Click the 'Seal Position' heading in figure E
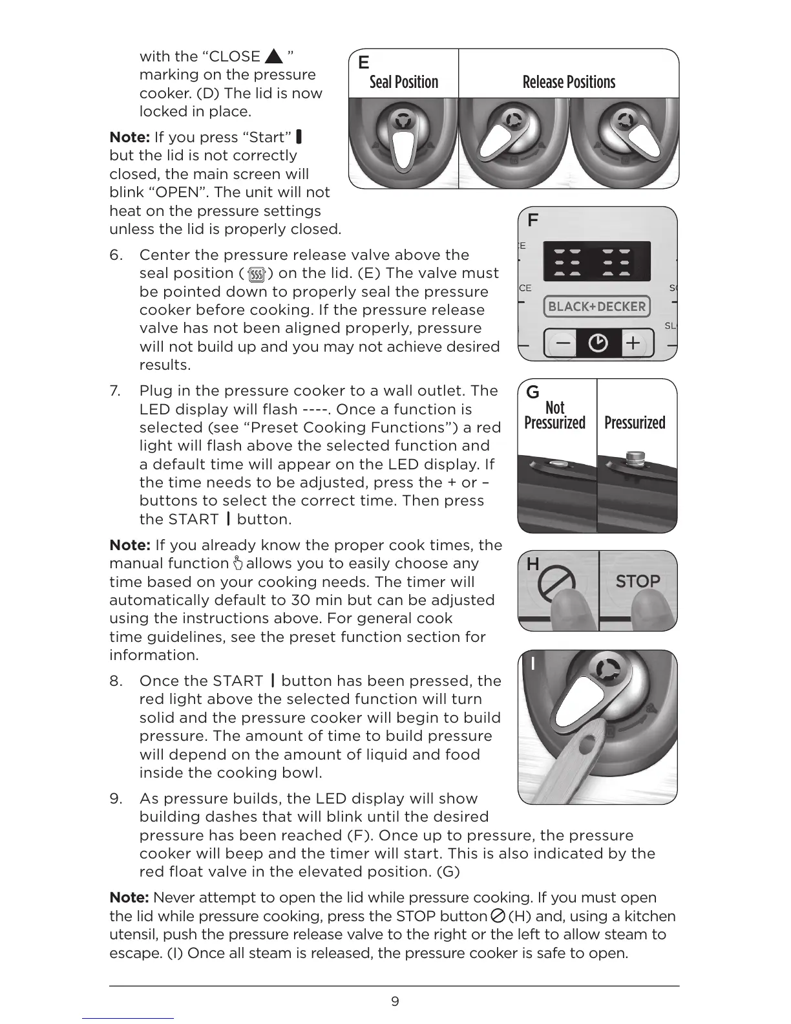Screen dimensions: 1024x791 click(x=403, y=82)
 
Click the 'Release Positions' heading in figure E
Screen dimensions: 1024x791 click(x=569, y=82)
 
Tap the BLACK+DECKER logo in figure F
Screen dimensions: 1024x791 click(x=596, y=306)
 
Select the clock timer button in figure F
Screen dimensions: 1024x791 click(x=598, y=343)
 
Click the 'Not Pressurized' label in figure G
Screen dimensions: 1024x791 click(x=554, y=415)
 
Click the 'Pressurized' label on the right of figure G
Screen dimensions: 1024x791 click(x=635, y=423)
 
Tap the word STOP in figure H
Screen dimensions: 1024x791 click(x=637, y=581)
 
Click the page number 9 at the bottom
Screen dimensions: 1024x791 click(x=395, y=1001)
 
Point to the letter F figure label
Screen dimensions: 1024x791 click(x=533, y=220)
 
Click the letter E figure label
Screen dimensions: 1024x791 click(x=364, y=63)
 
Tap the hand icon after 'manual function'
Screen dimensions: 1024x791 click(x=238, y=563)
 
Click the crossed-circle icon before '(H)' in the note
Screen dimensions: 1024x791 click(x=498, y=916)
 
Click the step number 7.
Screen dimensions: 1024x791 click(x=114, y=391)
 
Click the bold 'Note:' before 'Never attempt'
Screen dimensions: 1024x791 click(x=129, y=898)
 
